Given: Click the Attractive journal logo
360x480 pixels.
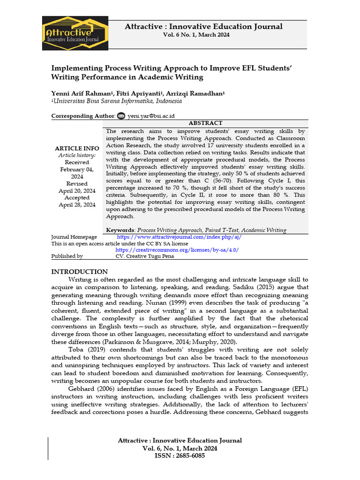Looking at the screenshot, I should (75, 33).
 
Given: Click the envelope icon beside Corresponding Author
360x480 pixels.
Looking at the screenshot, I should (121, 116).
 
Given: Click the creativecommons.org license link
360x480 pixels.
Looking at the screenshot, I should (177, 250).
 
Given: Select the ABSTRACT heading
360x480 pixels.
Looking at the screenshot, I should (205, 123).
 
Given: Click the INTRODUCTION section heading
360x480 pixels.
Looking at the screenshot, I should (79, 272).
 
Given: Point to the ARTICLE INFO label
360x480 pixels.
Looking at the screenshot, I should (77, 148).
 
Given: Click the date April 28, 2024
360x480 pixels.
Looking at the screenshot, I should (77, 205).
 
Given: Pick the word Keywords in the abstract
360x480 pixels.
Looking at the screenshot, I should (120, 230).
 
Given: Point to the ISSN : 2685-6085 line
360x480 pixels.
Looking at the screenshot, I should (180, 456).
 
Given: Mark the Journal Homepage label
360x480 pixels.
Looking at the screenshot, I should (74, 237).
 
